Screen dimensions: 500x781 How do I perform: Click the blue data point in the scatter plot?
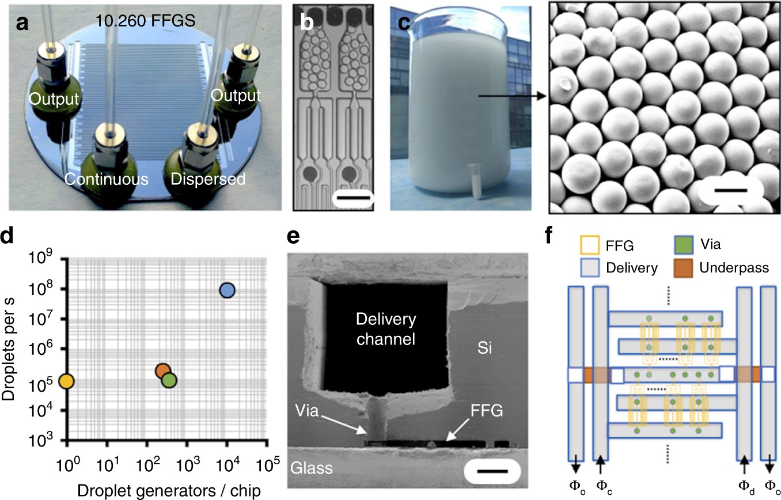pos(228,290)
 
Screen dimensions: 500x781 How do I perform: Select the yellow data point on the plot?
pos(66,381)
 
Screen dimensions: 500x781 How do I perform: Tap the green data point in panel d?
pos(169,380)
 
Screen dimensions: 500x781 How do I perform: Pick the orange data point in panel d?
pos(162,371)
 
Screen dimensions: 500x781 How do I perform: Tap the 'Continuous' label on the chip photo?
pos(106,179)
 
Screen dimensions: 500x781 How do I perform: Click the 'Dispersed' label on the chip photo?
pos(208,179)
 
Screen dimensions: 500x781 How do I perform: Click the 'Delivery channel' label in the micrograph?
pos(385,329)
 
